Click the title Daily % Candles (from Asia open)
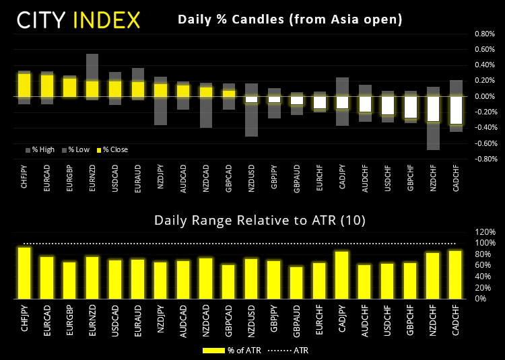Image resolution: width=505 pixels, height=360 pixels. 290,20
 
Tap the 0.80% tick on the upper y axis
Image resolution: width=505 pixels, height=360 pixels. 485,34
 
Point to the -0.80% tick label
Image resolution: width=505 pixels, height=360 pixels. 484,159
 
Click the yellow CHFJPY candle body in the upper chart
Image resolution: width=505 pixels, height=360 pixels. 24,85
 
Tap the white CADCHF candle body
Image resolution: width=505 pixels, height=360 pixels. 457,110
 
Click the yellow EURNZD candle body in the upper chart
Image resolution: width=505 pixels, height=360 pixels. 92,89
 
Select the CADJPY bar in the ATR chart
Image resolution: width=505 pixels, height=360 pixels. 342,275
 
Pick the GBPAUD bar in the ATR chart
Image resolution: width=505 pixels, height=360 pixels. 296,283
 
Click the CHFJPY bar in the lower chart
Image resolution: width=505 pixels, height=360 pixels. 24,273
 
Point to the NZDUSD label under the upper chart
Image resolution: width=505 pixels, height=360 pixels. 251,178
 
